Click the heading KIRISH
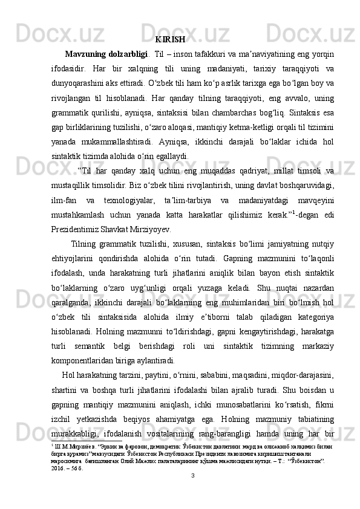pyautogui.click(x=170, y=41)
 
